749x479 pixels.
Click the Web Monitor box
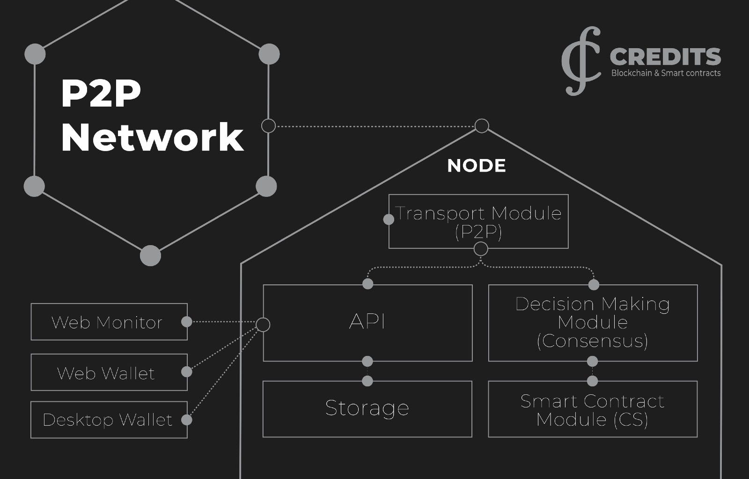point(109,322)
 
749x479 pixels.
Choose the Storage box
point(367,409)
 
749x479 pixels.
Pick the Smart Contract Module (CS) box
point(593,409)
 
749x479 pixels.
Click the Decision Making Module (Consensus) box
point(593,323)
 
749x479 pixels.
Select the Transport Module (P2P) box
point(478,221)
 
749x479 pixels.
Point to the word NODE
point(476,166)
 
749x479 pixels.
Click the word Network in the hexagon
point(152,137)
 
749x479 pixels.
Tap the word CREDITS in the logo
point(665,57)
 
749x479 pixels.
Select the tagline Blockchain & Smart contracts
point(666,73)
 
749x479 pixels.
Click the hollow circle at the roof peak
point(482,126)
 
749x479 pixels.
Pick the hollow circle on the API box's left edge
point(263,324)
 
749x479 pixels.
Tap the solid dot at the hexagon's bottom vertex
point(150,255)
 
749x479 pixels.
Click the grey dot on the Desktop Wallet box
point(186,420)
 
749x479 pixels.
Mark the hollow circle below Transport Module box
point(481,249)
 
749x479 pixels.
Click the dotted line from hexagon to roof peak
point(374,126)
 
